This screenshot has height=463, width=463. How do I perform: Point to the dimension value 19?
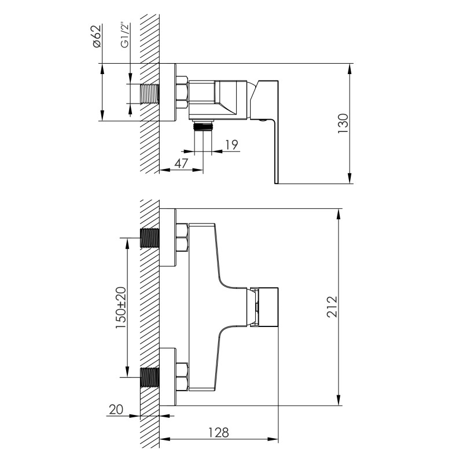pyautogui.click(x=231, y=144)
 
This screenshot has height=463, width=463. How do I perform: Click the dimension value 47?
pyautogui.click(x=181, y=164)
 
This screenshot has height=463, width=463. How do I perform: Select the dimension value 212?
pyautogui.click(x=331, y=307)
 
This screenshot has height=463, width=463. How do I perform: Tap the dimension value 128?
pyautogui.click(x=218, y=432)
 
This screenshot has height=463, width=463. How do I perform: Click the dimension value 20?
pyautogui.click(x=116, y=409)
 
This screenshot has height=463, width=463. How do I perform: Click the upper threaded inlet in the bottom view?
pyautogui.click(x=150, y=238)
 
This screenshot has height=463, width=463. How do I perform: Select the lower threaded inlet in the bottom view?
pyautogui.click(x=150, y=377)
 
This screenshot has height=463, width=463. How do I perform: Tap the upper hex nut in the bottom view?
pyautogui.click(x=181, y=238)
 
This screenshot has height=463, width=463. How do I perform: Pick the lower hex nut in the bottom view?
pyautogui.click(x=181, y=377)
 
